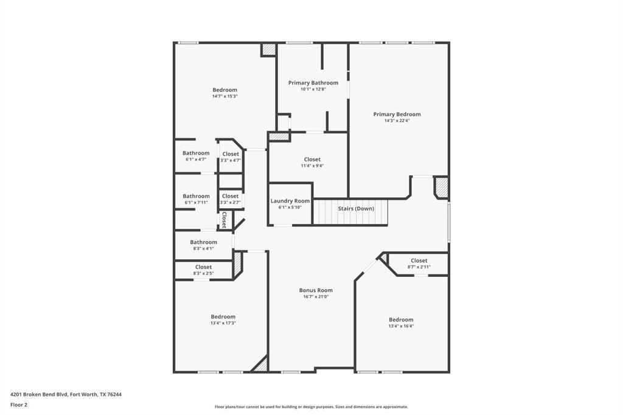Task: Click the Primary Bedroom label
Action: click(x=397, y=114)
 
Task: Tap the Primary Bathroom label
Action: click(x=313, y=83)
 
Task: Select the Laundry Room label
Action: click(x=290, y=201)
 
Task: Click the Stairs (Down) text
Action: click(x=356, y=209)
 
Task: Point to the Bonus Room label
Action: click(x=316, y=290)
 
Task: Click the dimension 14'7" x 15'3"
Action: click(x=224, y=96)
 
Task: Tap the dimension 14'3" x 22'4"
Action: click(x=397, y=120)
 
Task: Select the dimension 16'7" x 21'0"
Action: click(x=316, y=297)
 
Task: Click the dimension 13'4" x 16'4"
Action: click(x=401, y=326)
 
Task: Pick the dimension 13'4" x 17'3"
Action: click(x=223, y=323)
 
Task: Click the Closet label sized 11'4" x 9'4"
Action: click(x=312, y=159)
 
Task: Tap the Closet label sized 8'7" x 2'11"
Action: click(x=419, y=260)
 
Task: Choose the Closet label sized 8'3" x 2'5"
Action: click(x=203, y=267)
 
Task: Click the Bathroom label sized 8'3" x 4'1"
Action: click(x=203, y=242)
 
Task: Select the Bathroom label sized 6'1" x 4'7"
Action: click(x=196, y=153)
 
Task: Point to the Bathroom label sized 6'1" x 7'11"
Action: click(x=196, y=197)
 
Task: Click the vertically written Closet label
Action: click(x=224, y=220)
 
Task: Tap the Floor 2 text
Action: click(x=19, y=405)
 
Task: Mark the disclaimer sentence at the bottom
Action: click(x=311, y=407)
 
